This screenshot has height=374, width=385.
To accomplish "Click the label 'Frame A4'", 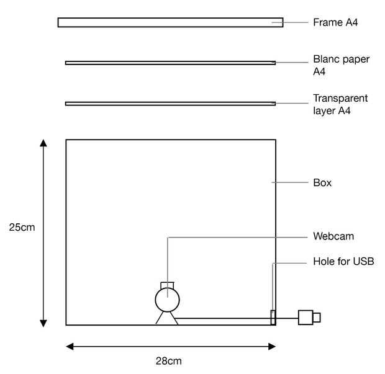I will (335, 22).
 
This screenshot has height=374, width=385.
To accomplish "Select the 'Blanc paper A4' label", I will (341, 66).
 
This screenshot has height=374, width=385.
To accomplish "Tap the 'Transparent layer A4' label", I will (340, 105).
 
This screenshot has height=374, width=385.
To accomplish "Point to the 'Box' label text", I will (322, 183).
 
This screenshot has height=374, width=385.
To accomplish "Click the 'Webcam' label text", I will (333, 236).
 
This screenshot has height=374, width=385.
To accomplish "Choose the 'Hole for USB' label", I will (343, 262).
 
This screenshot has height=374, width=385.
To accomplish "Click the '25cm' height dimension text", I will (22, 228).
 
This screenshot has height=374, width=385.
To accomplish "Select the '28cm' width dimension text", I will (168, 360).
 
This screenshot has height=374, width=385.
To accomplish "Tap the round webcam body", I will (167, 300).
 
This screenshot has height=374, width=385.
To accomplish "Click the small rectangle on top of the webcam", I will (168, 285).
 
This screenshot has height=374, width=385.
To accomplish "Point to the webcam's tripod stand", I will (167, 318).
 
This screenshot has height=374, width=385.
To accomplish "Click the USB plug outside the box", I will (309, 318).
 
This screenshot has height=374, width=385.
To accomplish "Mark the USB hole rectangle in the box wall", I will (273, 317).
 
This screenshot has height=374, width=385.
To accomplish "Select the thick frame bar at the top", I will (170, 22).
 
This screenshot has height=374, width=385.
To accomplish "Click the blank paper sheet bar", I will (170, 63).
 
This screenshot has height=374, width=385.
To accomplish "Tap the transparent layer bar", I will (170, 104).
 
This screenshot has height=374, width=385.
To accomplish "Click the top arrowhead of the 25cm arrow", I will (43, 143).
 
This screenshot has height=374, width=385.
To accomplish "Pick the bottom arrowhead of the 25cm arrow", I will (43, 322).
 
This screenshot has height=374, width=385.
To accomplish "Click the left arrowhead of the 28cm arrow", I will (70, 347).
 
